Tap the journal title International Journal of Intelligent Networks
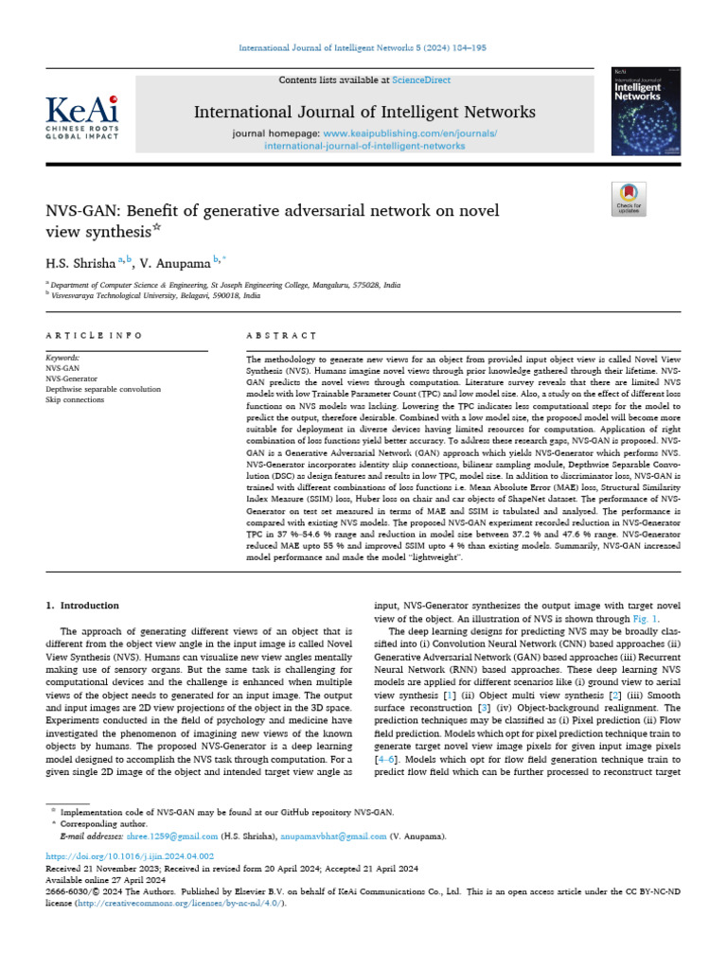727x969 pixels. pyautogui.click(x=364, y=113)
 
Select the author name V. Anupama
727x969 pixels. pyautogui.click(x=177, y=259)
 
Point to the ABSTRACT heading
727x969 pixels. pyautogui.click(x=280, y=336)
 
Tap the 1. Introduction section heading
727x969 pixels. pyautogui.click(x=83, y=605)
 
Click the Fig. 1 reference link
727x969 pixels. pyautogui.click(x=668, y=617)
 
